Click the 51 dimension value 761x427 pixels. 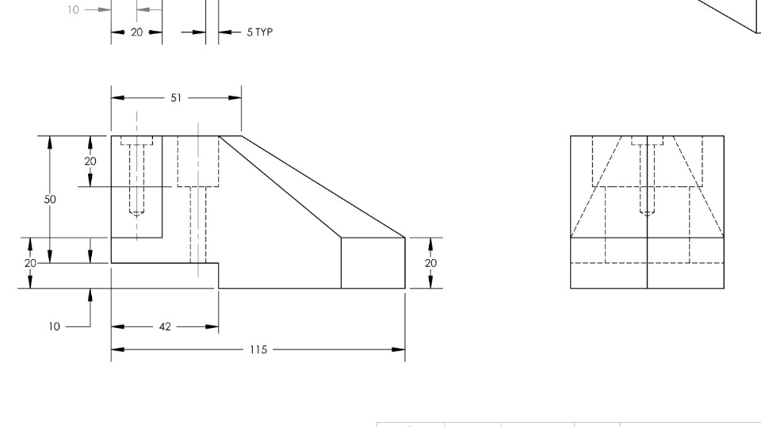click(176, 98)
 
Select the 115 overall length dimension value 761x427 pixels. click(258, 350)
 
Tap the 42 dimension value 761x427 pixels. click(165, 327)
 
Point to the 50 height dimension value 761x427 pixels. click(50, 200)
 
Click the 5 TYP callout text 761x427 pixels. click(260, 32)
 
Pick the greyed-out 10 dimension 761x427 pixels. click(73, 10)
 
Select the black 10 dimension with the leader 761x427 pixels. click(55, 327)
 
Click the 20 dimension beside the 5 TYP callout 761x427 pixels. click(137, 32)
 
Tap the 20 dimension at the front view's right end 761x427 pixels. click(430, 263)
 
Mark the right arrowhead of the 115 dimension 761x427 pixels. click(399, 349)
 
